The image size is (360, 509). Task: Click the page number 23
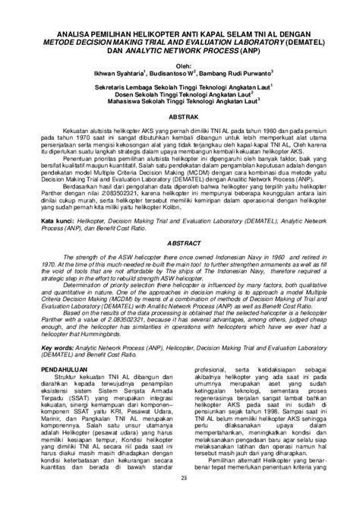(x=180, y=499)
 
